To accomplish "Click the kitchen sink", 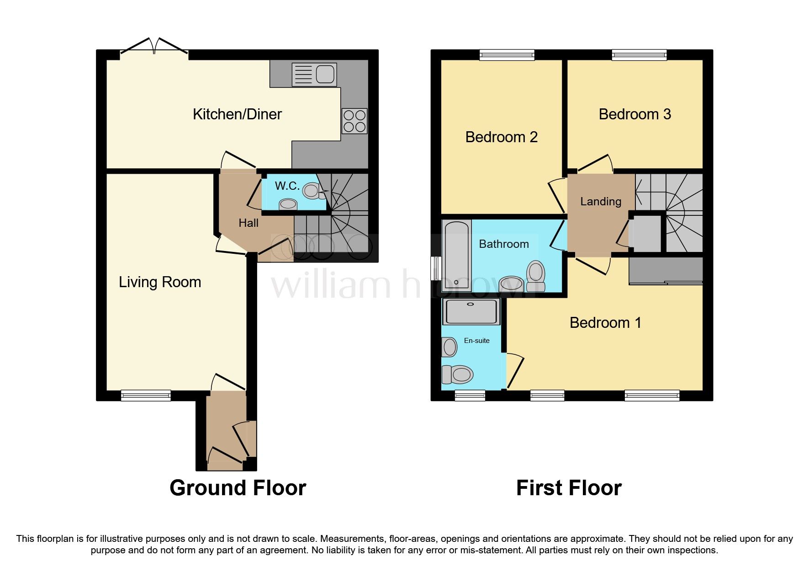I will [314, 75].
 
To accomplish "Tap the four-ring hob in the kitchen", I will [354, 121].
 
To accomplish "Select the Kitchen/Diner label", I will [237, 114].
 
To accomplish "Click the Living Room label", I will [160, 282].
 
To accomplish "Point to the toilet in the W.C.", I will [312, 191].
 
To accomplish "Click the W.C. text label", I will [287, 186].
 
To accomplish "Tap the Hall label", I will [249, 223].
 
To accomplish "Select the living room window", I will [146, 395].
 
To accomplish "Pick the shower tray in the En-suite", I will [471, 311].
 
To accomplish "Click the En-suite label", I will [476, 341].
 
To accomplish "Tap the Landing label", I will [601, 202].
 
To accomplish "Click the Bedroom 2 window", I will [507, 55].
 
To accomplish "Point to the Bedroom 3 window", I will [639, 55].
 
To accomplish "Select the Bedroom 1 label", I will [605, 323].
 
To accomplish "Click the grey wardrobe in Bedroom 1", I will [666, 271].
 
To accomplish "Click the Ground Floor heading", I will [238, 488].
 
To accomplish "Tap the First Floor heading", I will [569, 488].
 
